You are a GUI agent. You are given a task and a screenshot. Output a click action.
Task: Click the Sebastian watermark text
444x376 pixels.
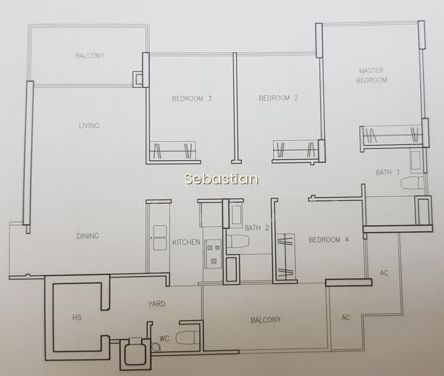point(221,179)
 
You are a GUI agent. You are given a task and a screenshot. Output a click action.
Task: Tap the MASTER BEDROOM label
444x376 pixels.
point(371,76)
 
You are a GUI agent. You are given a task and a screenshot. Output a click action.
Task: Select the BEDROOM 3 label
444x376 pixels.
point(192,98)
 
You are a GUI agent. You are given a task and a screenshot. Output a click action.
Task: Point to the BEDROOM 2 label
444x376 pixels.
point(278,98)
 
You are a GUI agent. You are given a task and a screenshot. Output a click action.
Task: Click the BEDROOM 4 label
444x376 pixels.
point(329,240)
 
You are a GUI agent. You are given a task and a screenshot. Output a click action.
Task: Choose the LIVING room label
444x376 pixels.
point(89,125)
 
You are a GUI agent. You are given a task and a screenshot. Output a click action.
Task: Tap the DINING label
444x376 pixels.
point(88,236)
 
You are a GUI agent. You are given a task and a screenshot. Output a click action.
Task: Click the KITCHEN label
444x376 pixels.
point(187,243)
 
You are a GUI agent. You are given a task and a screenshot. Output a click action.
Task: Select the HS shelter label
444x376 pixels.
point(77,317)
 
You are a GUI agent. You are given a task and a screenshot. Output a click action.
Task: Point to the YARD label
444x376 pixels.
point(157,304)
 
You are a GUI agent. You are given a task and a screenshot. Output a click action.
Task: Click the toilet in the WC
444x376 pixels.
point(188,338)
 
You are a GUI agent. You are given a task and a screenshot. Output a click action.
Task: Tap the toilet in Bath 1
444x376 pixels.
point(412,183)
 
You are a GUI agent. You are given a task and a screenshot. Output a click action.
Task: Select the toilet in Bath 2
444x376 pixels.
point(238,241)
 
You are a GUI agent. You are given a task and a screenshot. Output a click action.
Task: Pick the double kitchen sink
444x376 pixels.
point(160,238)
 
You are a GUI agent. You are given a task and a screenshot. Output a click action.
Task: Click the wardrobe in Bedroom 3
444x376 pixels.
point(172,150)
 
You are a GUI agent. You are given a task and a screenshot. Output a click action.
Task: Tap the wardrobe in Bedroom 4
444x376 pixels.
point(286,257)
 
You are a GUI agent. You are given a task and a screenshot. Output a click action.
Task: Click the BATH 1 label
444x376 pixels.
point(388,172)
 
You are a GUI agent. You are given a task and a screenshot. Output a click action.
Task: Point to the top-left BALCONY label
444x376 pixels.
point(90,56)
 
